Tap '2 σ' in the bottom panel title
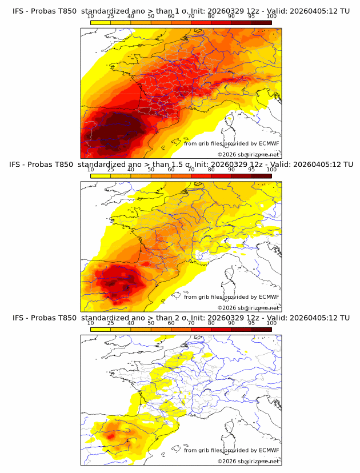[178, 318]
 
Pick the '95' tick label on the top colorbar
[251, 16]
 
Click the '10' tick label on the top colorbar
[91, 16]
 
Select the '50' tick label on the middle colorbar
[151, 170]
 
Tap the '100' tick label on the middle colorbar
[271, 170]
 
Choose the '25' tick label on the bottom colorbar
[111, 323]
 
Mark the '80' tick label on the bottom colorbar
[211, 323]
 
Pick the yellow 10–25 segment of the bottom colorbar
[101, 329]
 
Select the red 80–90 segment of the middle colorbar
[221, 175]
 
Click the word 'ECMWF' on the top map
[269, 143]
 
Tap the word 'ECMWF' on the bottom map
[269, 450]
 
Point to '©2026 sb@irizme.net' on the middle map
[248, 307]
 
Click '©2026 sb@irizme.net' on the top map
[248, 154]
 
